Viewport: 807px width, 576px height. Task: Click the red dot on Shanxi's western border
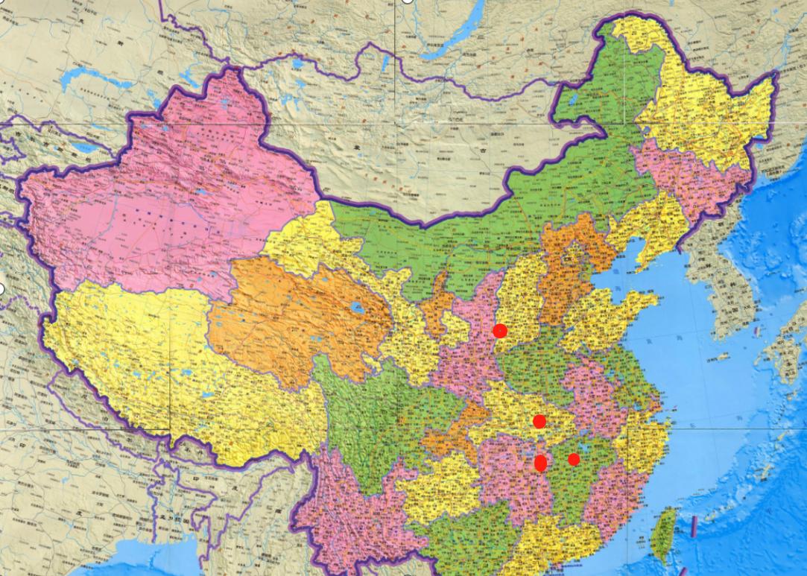[x=500, y=330]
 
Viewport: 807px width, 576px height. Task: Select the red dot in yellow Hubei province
[x=539, y=422]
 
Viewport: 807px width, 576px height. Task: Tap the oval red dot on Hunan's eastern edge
[x=541, y=463]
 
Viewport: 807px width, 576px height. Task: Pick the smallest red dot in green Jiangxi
[x=574, y=459]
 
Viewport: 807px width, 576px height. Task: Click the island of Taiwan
[x=662, y=534]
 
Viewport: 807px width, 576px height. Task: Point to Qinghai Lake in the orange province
[x=358, y=307]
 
